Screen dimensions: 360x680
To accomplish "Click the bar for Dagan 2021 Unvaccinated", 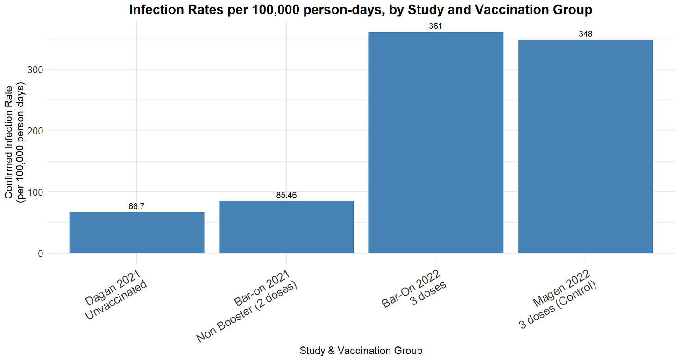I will [136, 233].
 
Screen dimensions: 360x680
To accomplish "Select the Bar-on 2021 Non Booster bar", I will [286, 227].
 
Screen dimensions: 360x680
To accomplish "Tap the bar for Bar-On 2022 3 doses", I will [436, 142].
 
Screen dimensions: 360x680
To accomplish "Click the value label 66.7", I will [136, 206].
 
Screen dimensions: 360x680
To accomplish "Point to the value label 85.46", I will [286, 195].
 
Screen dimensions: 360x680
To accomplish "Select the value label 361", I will [436, 26].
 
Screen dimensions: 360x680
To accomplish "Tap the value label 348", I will [585, 34].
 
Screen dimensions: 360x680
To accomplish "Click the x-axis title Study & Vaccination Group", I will [361, 350].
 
